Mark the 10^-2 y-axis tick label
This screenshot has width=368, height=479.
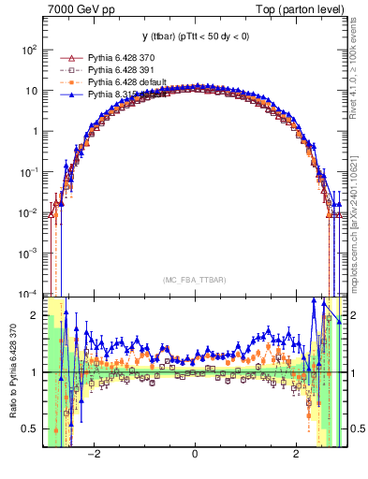tap(27, 212)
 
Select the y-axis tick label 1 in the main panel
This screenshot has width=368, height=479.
tap(34, 132)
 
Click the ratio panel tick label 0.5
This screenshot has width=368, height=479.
tap(30, 429)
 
